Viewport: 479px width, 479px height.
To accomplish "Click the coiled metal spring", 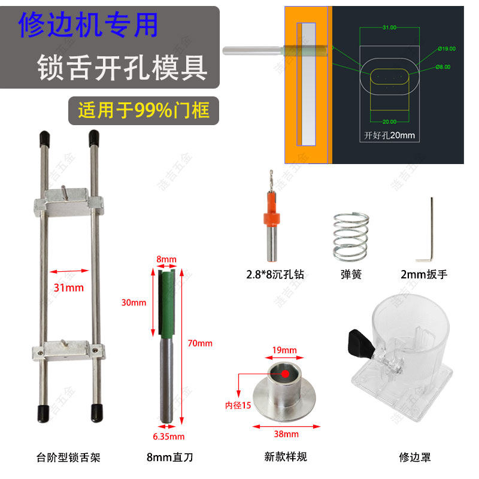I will [349, 237].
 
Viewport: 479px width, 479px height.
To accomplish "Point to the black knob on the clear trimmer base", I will [359, 344].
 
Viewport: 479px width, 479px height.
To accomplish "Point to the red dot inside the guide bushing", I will [286, 374].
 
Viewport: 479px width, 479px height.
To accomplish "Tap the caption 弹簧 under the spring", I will [349, 275].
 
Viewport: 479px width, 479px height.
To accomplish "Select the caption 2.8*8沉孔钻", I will [275, 275].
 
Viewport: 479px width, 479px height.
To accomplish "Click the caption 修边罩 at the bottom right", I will [414, 457].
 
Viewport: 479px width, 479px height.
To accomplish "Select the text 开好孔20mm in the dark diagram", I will [389, 135].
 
